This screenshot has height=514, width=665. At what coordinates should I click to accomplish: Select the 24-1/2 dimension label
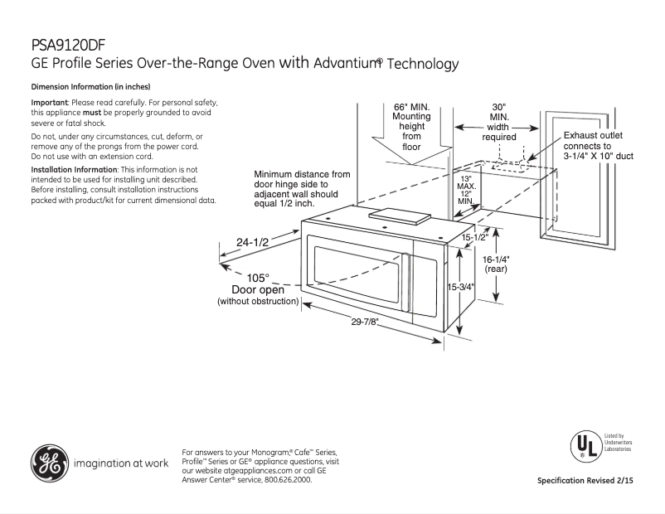tap(252, 242)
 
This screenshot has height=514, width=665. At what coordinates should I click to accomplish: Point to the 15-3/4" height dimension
tap(461, 288)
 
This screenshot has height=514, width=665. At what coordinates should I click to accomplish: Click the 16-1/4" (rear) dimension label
tap(496, 264)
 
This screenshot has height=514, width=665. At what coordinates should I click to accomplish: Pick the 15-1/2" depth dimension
tap(474, 238)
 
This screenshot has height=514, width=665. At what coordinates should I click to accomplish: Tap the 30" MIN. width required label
tap(498, 122)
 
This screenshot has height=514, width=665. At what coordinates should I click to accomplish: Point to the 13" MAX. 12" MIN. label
tap(465, 190)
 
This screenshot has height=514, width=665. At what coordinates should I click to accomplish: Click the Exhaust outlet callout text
tap(599, 145)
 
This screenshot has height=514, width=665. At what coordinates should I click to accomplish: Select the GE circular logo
tap(49, 463)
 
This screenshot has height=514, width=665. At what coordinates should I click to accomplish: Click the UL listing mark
tap(584, 445)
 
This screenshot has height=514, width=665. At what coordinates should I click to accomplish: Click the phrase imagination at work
tap(121, 463)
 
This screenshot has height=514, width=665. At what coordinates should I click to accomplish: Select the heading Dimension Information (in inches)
tap(90, 87)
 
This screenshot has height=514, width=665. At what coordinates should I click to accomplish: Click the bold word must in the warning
tap(92, 112)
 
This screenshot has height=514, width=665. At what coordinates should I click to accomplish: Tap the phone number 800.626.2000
tap(288, 479)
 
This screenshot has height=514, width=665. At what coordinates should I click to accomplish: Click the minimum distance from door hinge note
tap(302, 188)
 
